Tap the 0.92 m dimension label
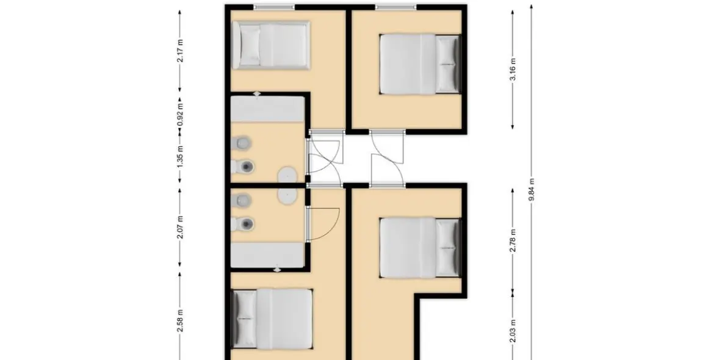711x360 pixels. pos(180,114)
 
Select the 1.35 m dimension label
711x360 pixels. pos(180,156)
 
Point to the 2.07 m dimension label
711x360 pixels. pos(180,227)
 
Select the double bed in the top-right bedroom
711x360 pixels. pos(419,63)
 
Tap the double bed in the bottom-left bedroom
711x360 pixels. pos(273,318)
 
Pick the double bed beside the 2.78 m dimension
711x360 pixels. pos(419,247)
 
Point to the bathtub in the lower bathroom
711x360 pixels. pos(267,254)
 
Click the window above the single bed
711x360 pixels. pos(274,7)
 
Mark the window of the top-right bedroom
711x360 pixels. pos(396,7)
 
